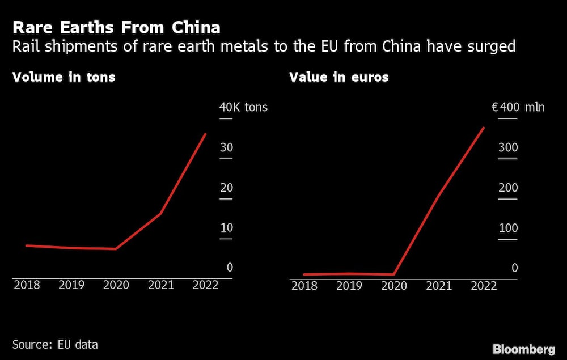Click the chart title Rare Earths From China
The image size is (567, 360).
point(116,27)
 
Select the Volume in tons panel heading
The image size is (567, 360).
point(64,77)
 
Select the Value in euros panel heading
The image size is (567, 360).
point(339,77)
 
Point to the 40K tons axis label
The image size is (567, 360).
point(243,107)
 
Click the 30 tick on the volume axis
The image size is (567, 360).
point(226,148)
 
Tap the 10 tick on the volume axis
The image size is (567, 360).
point(226,228)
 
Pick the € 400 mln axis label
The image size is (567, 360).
point(518,107)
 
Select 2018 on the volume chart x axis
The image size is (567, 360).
point(27,285)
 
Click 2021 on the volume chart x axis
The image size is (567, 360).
point(161,285)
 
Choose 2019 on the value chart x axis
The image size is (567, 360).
point(350,286)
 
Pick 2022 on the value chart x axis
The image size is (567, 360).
point(484,286)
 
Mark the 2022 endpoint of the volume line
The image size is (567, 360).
point(205,134)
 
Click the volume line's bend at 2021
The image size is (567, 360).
point(161,213)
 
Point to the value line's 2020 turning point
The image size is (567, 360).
point(393,274)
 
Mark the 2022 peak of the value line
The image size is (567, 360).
point(484,128)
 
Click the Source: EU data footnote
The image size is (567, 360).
point(55,344)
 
